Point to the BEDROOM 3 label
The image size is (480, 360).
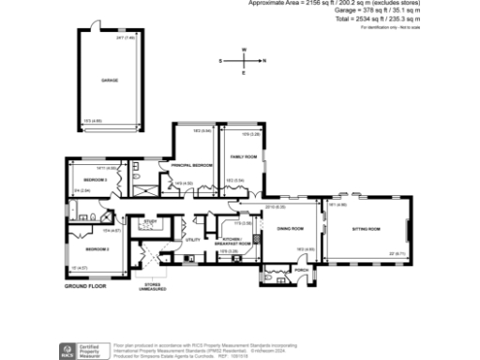[93, 179]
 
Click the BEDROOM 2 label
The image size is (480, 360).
[97, 248]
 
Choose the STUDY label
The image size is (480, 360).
[149, 223]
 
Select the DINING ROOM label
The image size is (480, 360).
[289, 229]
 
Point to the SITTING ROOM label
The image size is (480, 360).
[366, 229]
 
